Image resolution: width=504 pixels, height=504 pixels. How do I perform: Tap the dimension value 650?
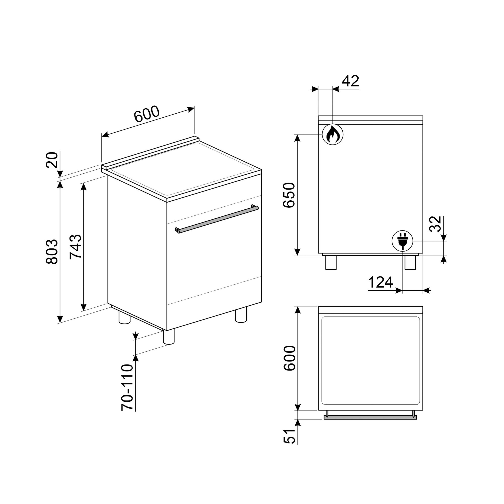[x=289, y=195]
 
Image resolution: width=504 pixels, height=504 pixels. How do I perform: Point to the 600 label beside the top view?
[x=290, y=358]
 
